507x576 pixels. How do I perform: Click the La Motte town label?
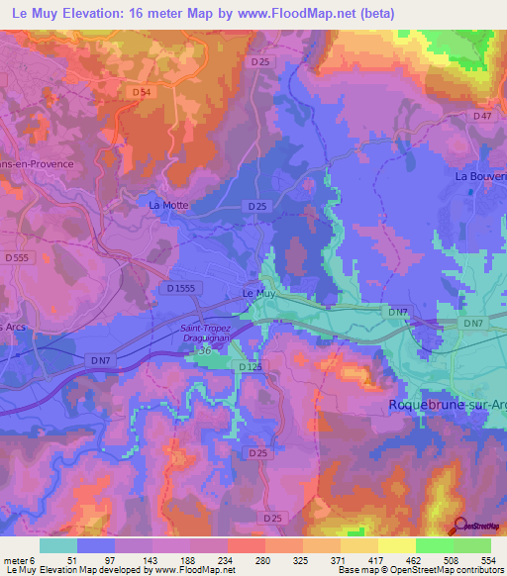coord(167,206)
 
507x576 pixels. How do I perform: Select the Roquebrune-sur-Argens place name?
coord(445,405)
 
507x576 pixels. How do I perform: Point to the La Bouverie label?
coord(480,175)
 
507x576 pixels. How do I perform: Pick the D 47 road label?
coord(482,116)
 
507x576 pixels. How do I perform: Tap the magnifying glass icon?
coord(460,527)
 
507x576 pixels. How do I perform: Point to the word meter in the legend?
coord(19,558)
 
